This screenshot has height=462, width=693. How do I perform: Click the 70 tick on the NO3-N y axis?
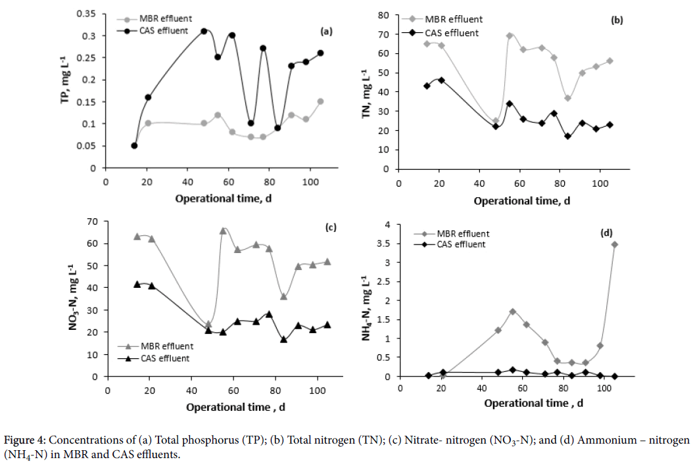point(93,221)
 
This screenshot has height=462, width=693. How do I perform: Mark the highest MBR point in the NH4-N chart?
point(615,244)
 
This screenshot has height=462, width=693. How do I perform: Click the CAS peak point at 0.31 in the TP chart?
point(204,31)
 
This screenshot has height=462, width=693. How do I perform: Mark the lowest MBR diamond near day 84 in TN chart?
point(568,98)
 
